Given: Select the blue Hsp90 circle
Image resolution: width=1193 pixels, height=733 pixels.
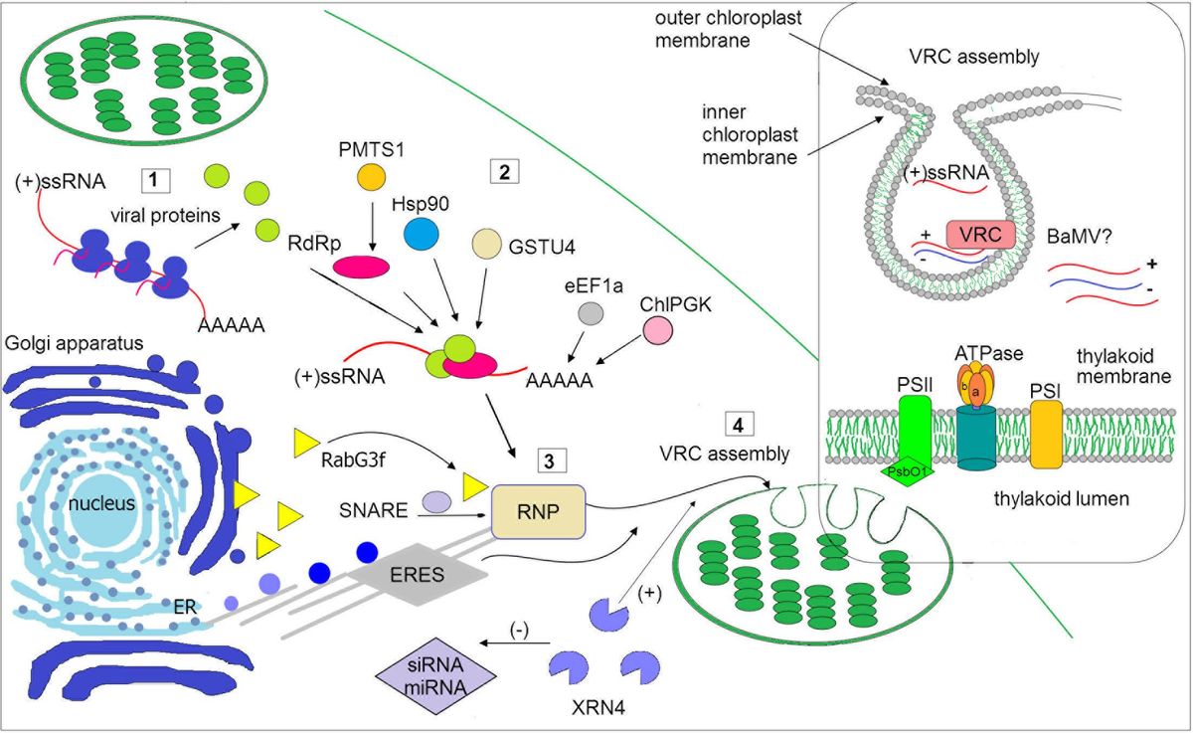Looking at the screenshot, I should pyautogui.click(x=422, y=232).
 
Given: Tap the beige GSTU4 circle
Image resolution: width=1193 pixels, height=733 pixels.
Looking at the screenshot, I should pyautogui.click(x=487, y=243).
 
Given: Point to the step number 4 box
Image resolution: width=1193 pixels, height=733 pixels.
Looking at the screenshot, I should pyautogui.click(x=737, y=423).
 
